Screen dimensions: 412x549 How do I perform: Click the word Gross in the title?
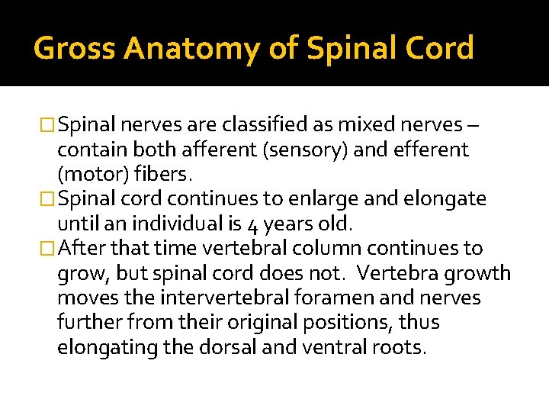tap(75, 49)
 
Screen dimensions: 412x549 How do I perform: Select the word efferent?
tap(431, 150)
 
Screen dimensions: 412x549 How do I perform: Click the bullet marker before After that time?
tap(50, 249)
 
